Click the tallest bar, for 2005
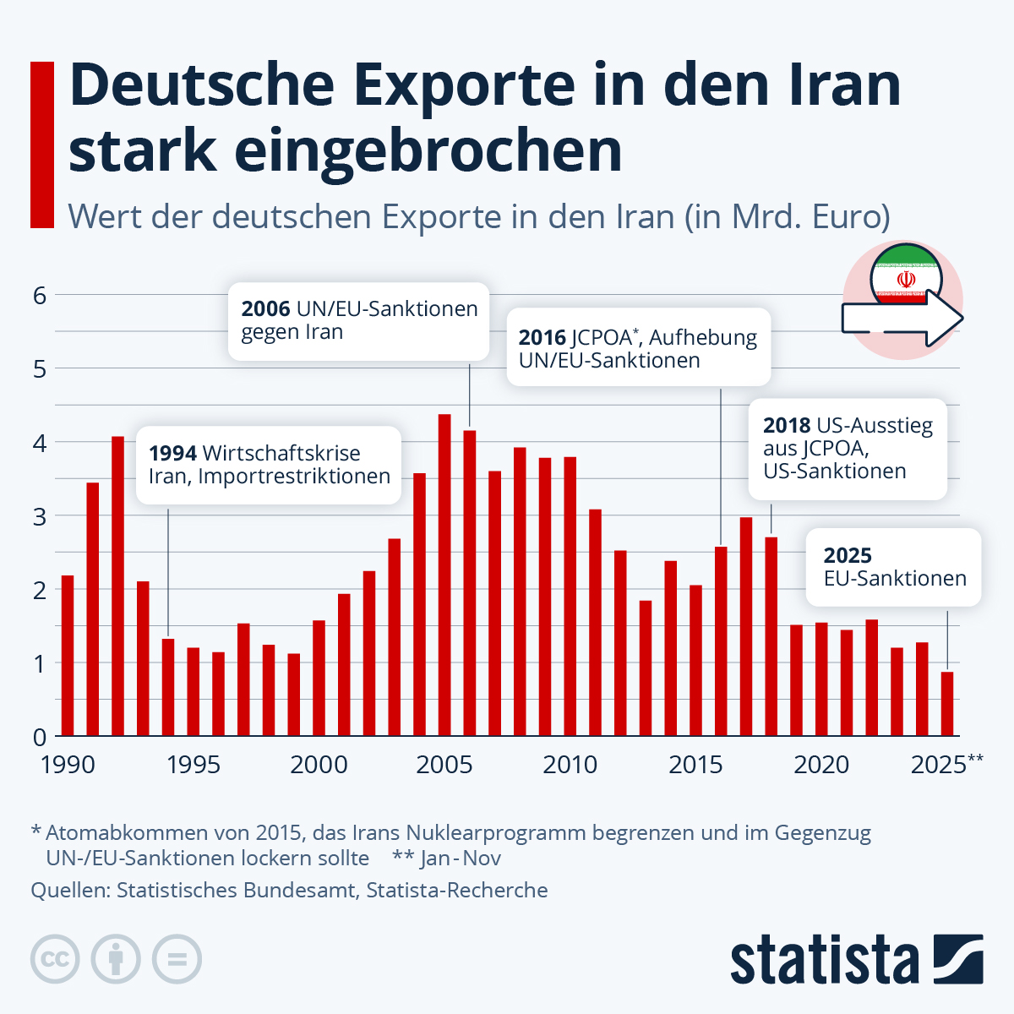444,575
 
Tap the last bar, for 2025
947,704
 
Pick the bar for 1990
68,656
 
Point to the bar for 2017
746,626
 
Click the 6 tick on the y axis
40,295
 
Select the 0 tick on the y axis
40,736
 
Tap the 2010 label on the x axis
570,765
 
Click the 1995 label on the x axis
194,765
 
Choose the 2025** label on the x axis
946,765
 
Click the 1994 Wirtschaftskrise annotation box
269,465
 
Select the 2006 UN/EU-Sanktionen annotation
359,321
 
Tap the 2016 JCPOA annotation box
638,348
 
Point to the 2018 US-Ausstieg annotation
847,449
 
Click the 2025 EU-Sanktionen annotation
894,567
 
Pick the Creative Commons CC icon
55,960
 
